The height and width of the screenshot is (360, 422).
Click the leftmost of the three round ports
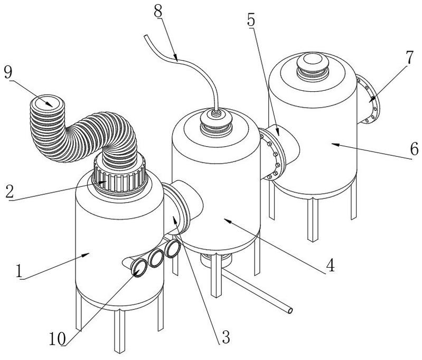coord(139,269)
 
